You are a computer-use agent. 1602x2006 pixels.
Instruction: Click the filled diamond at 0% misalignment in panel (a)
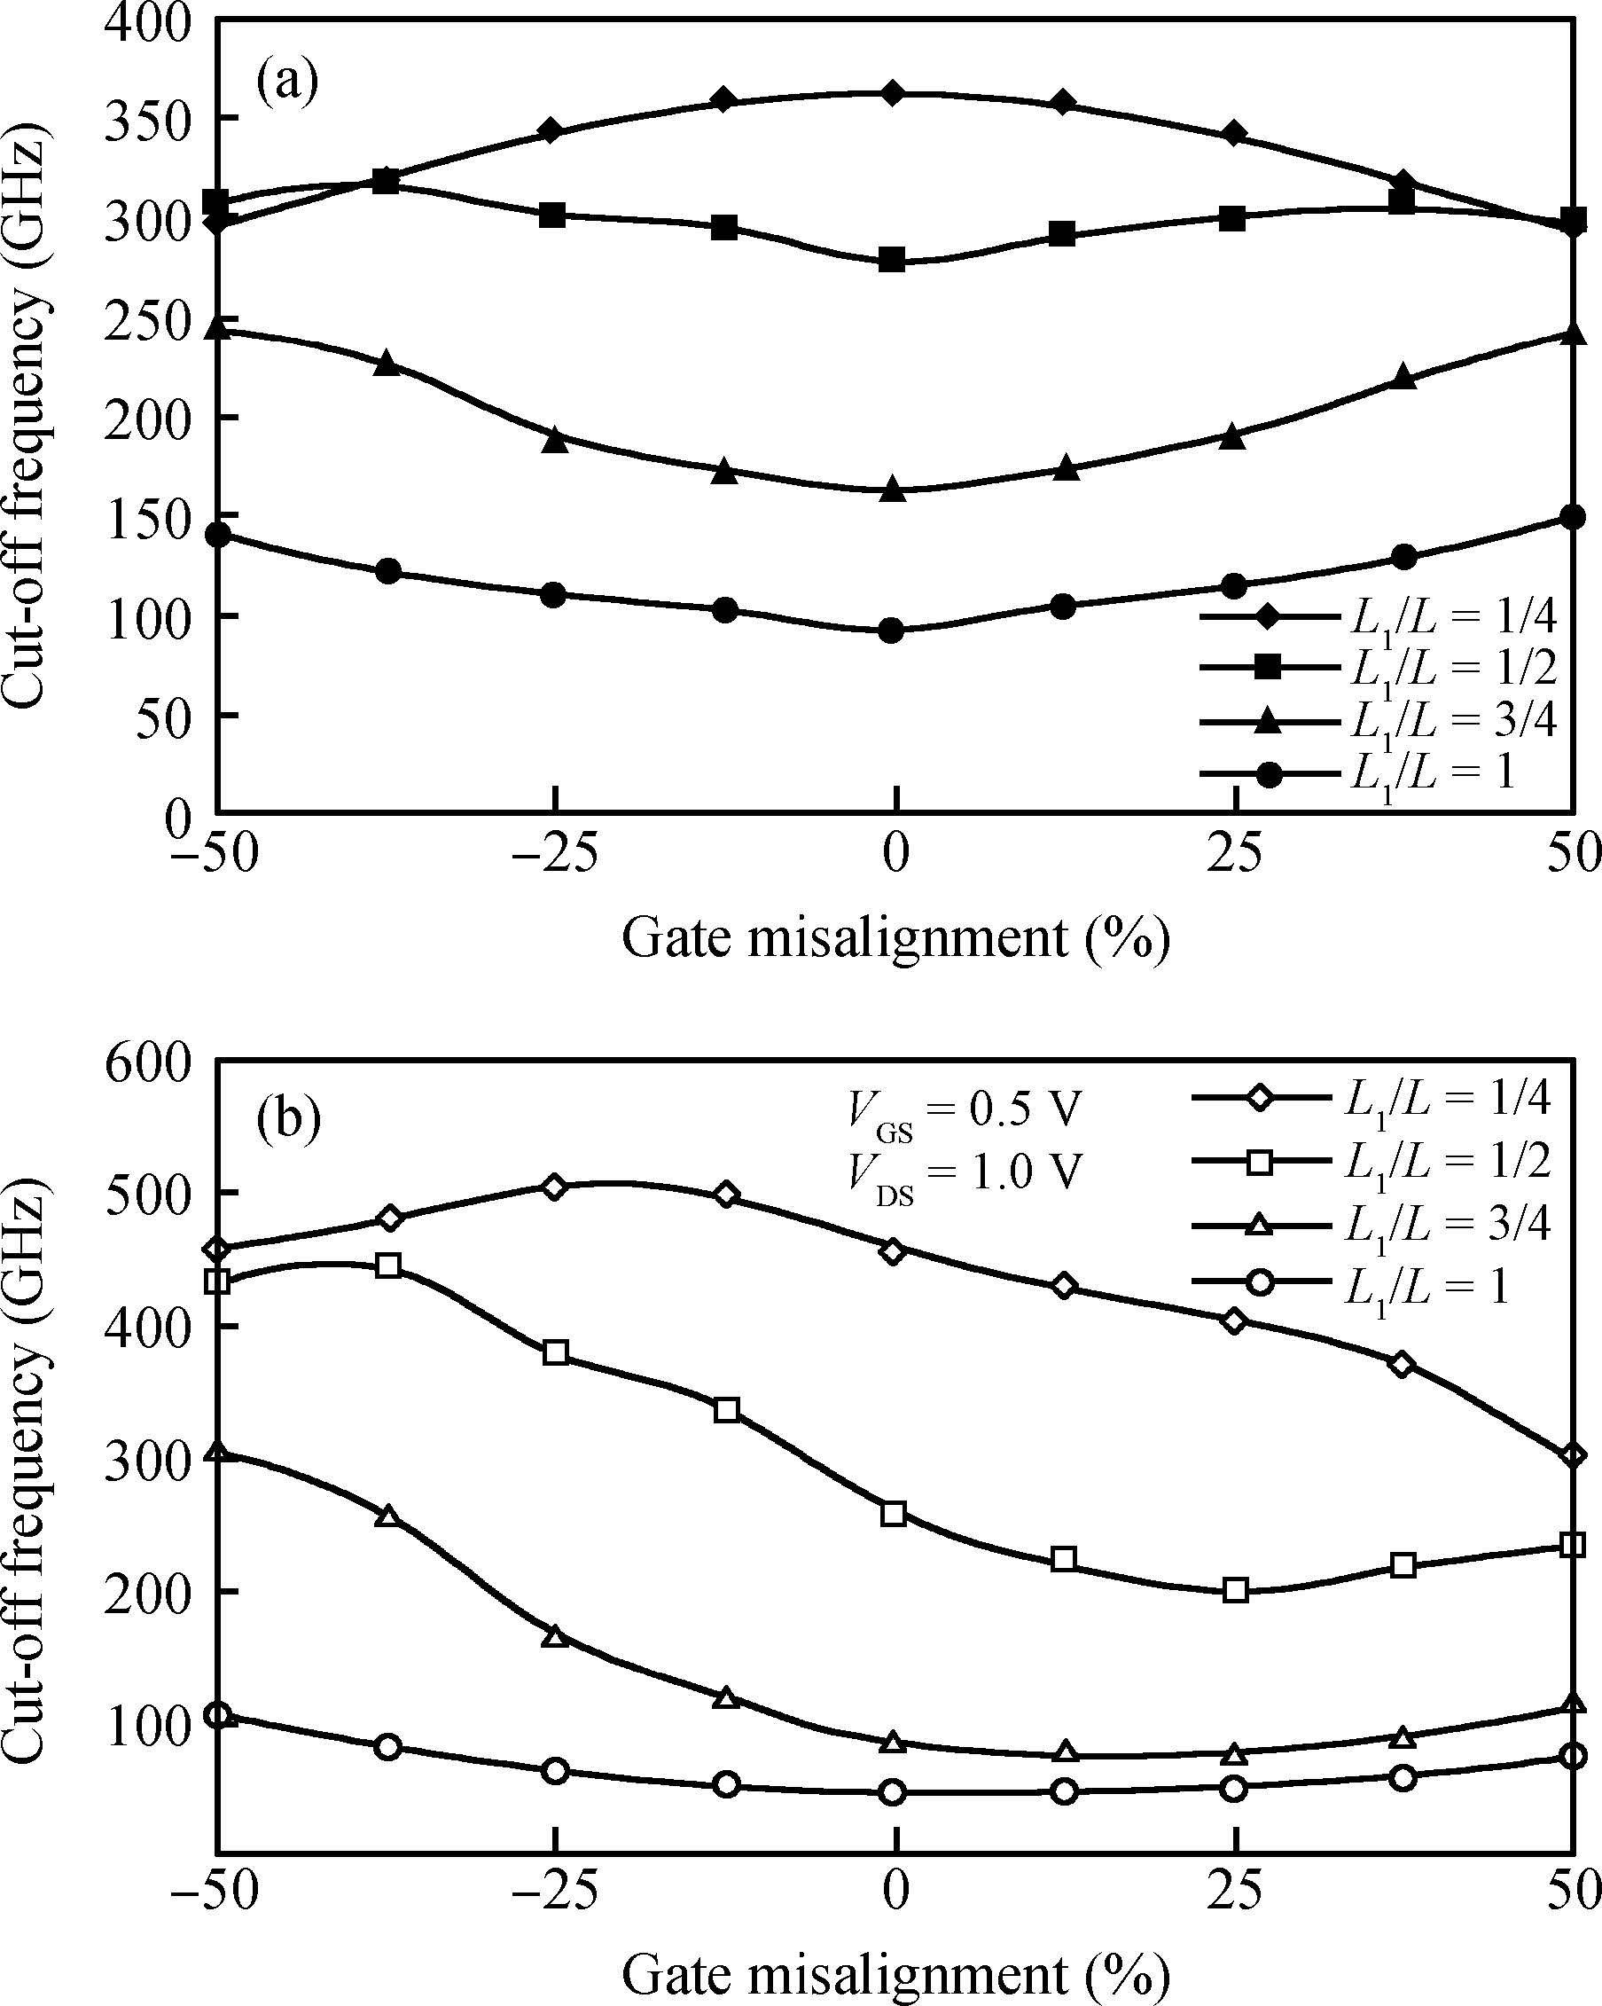pyautogui.click(x=893, y=93)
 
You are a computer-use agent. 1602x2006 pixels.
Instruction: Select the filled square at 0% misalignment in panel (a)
pyautogui.click(x=893, y=260)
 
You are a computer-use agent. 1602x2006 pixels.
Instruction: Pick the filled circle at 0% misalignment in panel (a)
pyautogui.click(x=892, y=631)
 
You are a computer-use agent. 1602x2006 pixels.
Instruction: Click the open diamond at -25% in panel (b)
pyautogui.click(x=554, y=1187)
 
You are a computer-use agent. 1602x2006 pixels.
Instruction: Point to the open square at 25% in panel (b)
pyautogui.click(x=1236, y=1589)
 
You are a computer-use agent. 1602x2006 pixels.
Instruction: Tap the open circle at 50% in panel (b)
pyautogui.click(x=1572, y=1756)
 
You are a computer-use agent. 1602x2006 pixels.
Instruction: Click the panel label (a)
pyautogui.click(x=287, y=82)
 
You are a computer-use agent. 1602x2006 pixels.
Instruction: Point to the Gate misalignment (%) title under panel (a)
pyautogui.click(x=894, y=937)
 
